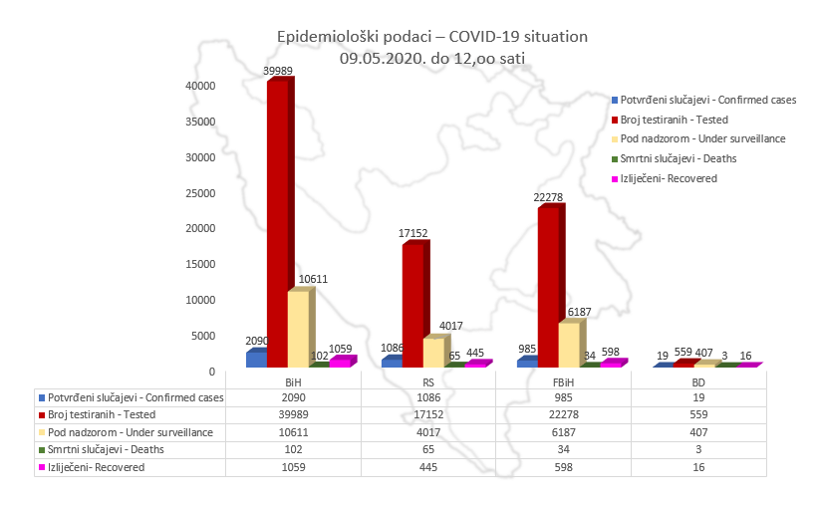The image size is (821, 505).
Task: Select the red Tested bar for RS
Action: click(411, 304)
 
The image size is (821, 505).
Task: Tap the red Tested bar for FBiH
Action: click(547, 284)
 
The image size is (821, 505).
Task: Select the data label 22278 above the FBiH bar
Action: click(550, 197)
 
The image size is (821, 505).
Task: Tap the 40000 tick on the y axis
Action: click(201, 86)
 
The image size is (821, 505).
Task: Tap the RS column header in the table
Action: click(428, 380)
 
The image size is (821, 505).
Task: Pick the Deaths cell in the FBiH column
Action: click(564, 449)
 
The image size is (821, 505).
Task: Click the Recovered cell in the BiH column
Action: click(294, 466)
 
